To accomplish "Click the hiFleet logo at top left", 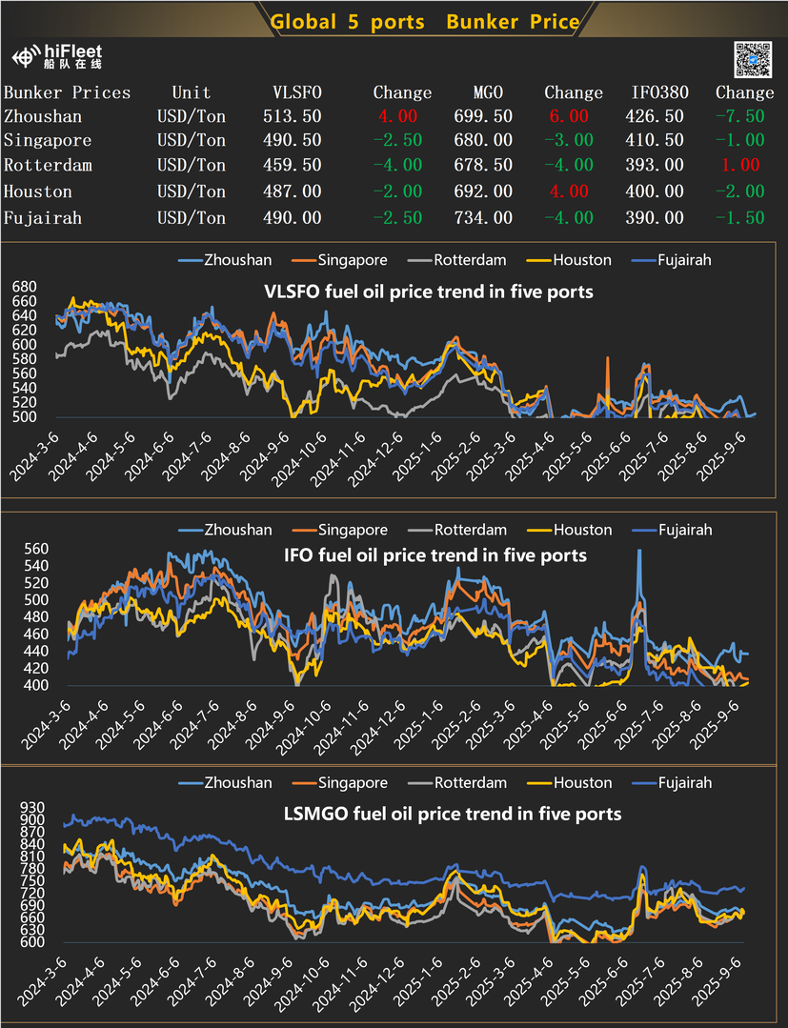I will point(57,57).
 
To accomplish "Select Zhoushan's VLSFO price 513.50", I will point(292,116).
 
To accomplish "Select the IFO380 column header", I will point(658,92).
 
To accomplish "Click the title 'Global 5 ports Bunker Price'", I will point(424,22).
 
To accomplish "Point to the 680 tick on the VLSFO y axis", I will point(23,286).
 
